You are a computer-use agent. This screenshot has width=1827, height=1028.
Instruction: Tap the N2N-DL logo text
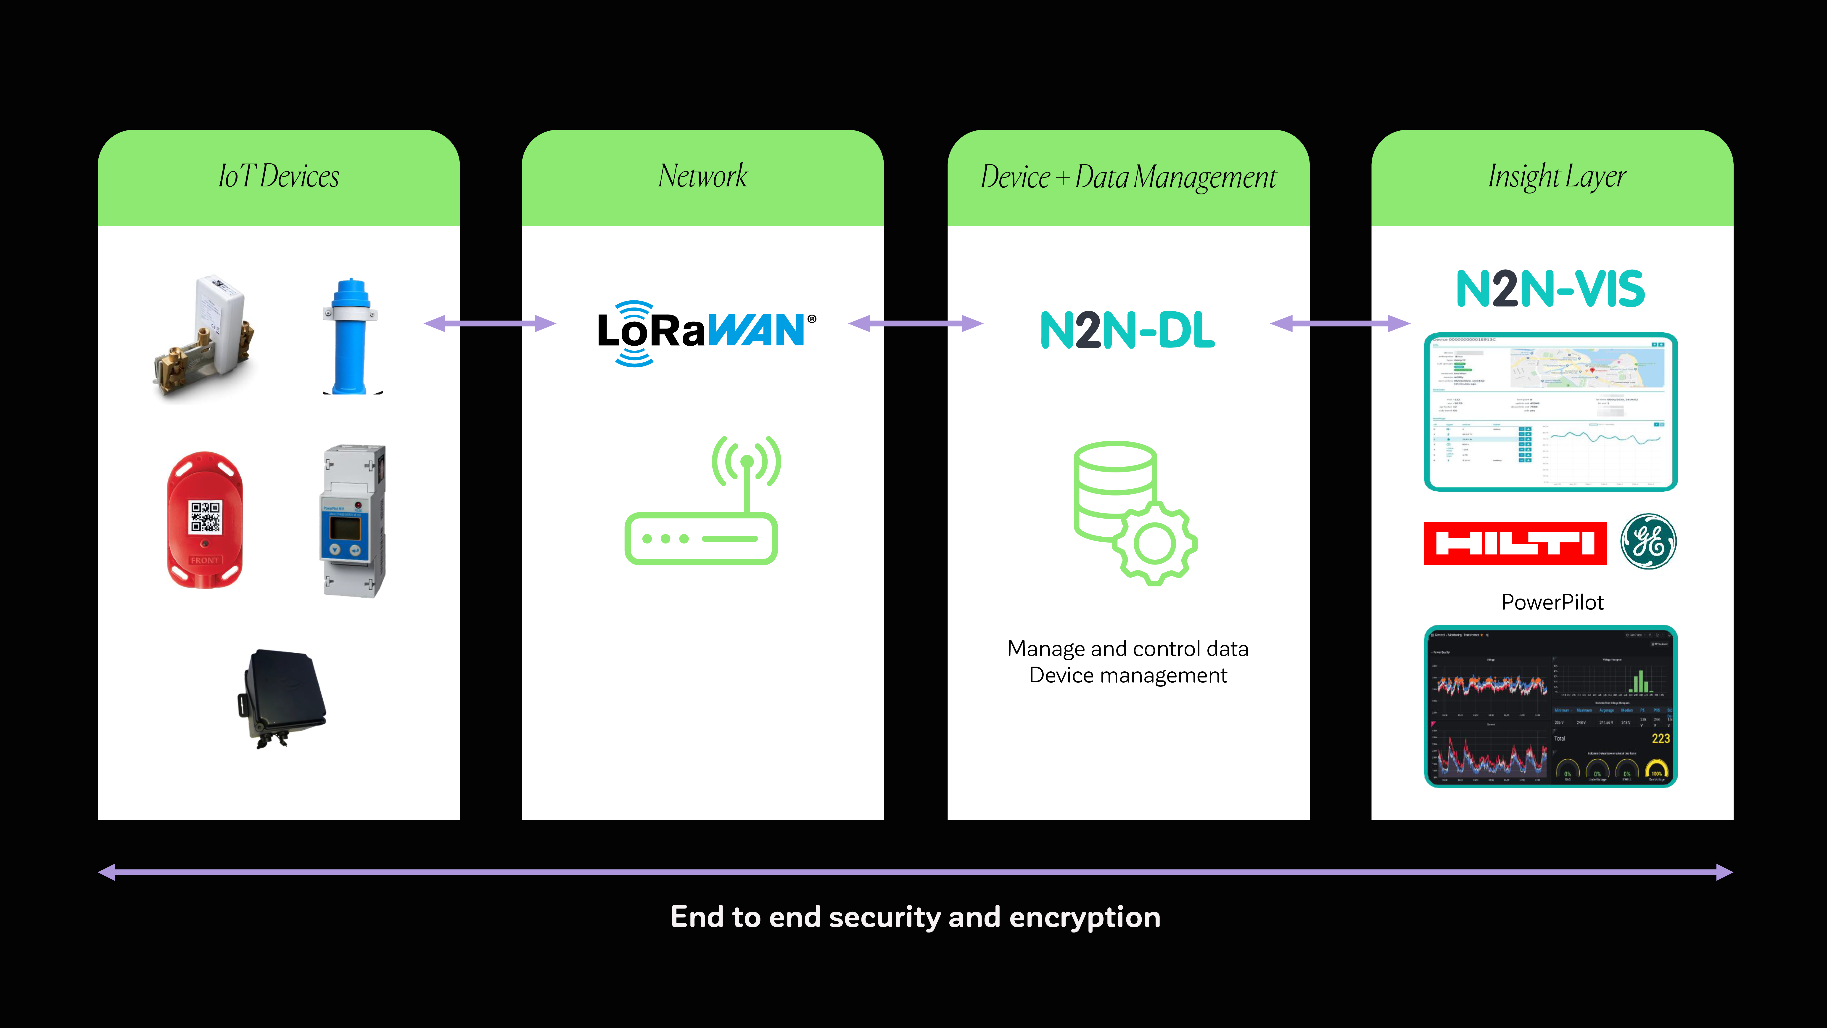pos(1127,331)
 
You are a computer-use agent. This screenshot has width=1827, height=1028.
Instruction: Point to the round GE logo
pos(1648,542)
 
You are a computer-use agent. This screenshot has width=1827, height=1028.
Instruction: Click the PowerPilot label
pos(1552,602)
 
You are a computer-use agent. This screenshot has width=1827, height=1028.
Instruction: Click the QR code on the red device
pos(205,517)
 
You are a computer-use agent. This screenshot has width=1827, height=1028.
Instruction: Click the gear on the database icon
pos(1155,543)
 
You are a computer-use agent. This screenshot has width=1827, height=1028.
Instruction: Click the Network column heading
pos(702,177)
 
